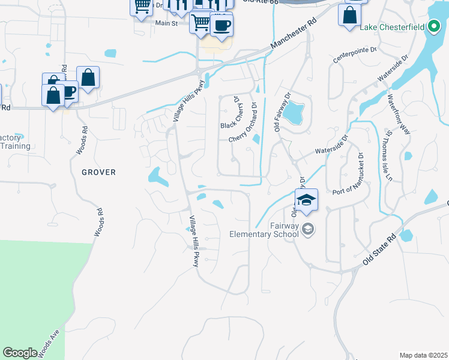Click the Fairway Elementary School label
pos(264,230)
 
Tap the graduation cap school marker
pos(306,200)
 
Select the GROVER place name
pos(98,172)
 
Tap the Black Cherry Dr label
pos(230,114)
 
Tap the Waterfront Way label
pos(399,113)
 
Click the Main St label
pos(166,23)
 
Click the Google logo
pos(20,353)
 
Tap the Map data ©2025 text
pos(423,355)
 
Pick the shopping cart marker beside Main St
pos(200,23)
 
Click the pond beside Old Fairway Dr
pos(293,112)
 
